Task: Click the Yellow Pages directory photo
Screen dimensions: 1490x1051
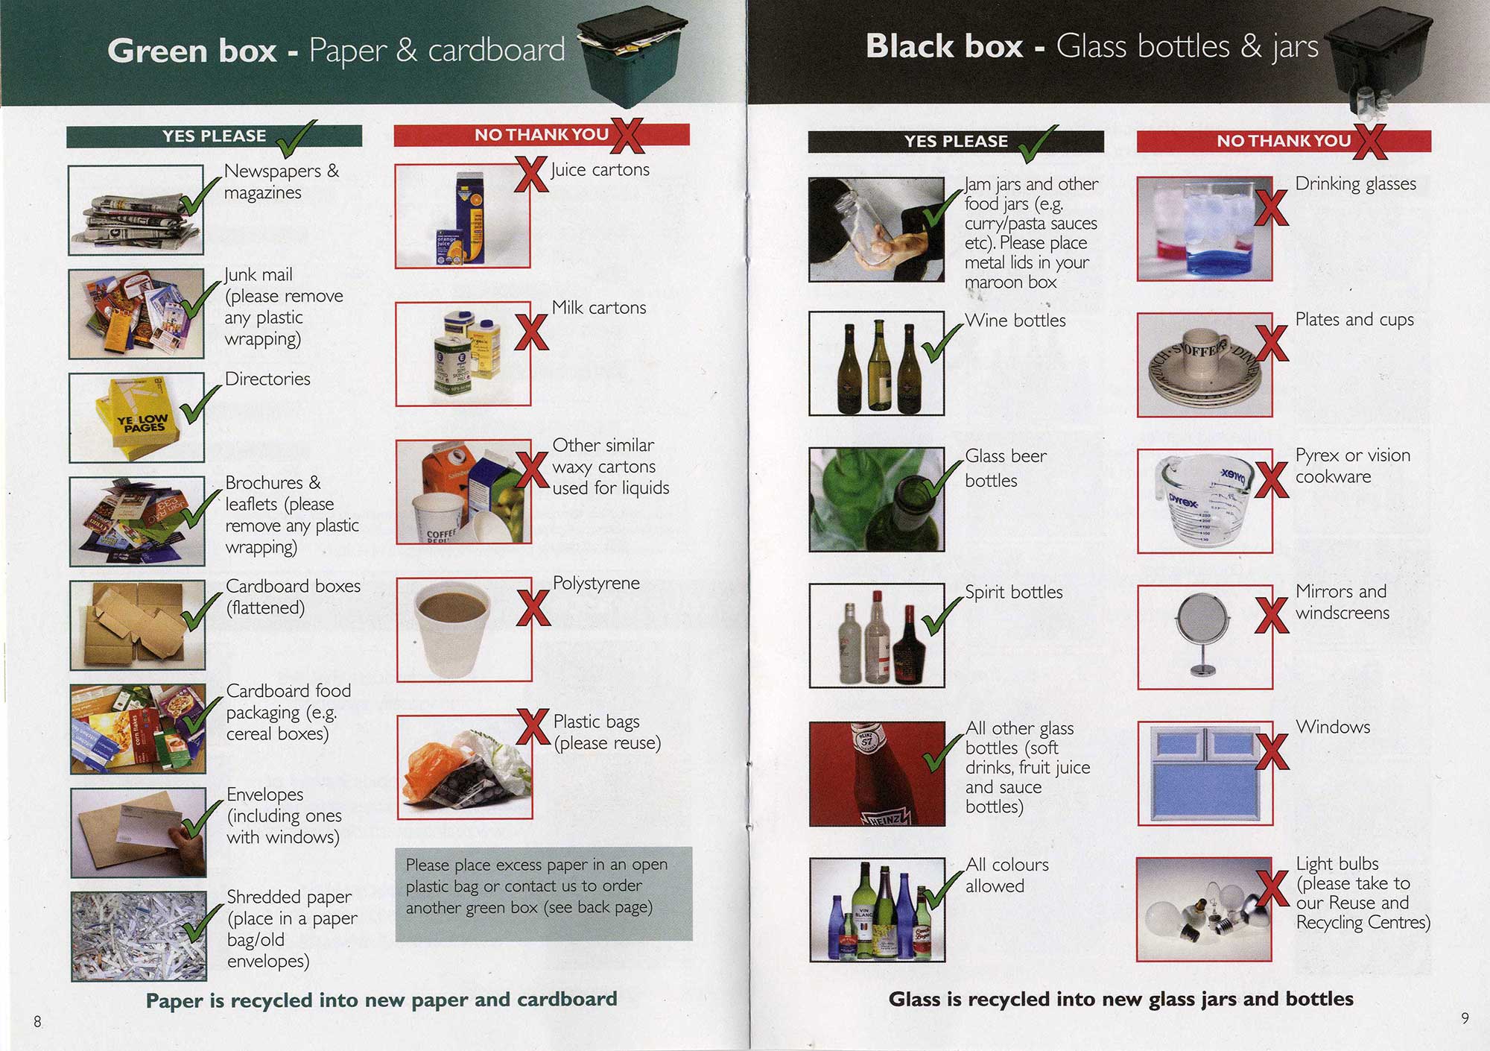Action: [136, 417]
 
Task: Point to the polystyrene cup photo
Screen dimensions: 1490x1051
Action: [464, 629]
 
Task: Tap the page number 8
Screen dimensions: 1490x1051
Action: [37, 1021]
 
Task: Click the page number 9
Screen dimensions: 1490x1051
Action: [1465, 1018]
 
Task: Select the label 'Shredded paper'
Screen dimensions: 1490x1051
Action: [289, 897]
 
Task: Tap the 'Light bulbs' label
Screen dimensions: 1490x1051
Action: [1337, 864]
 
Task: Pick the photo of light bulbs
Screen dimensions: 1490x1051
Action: [1204, 909]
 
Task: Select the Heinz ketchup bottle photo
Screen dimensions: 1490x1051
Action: [877, 774]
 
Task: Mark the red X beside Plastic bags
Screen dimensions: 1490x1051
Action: [533, 726]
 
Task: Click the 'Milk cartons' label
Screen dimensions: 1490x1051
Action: [599, 307]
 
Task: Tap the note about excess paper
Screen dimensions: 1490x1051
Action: [543, 894]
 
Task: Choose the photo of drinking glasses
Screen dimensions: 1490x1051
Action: [1205, 229]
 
